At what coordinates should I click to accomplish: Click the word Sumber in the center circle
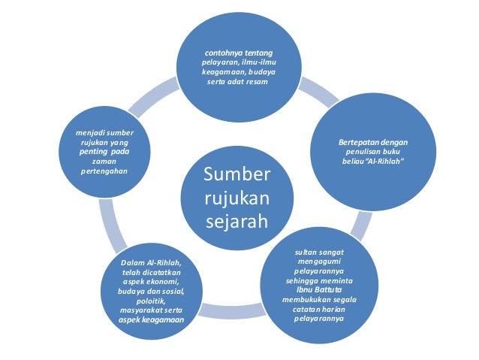click(236, 175)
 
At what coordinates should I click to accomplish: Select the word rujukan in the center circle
click(236, 199)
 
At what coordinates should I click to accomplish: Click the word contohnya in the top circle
click(223, 52)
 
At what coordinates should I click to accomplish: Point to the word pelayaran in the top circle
click(218, 62)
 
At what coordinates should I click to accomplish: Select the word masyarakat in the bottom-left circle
click(138, 309)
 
